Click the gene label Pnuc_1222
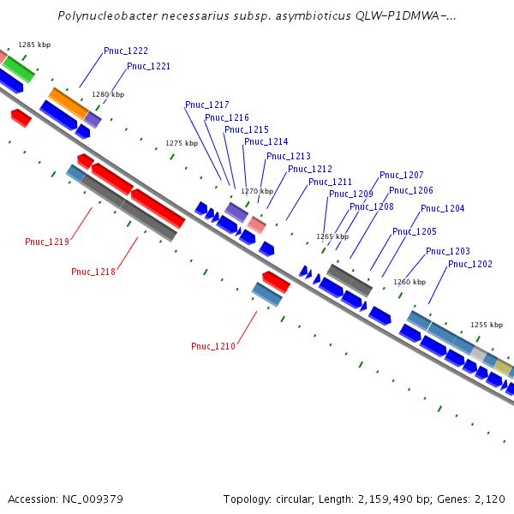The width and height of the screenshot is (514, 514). [126, 51]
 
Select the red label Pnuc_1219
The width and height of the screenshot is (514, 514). [47, 242]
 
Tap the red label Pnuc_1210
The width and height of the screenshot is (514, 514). [213, 346]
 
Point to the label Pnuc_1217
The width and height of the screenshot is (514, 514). [206, 105]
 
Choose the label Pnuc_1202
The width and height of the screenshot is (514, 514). [470, 264]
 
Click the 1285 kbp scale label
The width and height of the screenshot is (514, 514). [34, 45]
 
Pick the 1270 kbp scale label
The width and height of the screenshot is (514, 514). [257, 191]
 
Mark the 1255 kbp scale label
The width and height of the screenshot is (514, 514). [487, 325]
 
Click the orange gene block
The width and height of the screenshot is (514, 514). [69, 104]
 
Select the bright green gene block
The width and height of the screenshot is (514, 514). [18, 69]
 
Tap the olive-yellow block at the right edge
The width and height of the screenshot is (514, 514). [504, 367]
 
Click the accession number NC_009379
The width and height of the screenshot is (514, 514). [93, 499]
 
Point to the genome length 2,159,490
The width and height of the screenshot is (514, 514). [385, 499]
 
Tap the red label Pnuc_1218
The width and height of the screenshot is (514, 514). [93, 272]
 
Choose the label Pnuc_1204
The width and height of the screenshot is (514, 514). [443, 208]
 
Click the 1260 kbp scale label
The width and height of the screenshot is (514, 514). [409, 282]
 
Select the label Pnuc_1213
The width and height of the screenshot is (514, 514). [289, 157]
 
